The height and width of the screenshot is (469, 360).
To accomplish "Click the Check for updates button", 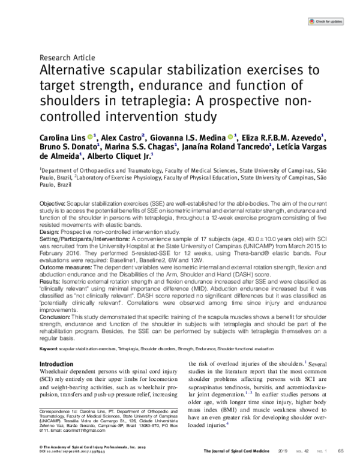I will click(329, 22).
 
